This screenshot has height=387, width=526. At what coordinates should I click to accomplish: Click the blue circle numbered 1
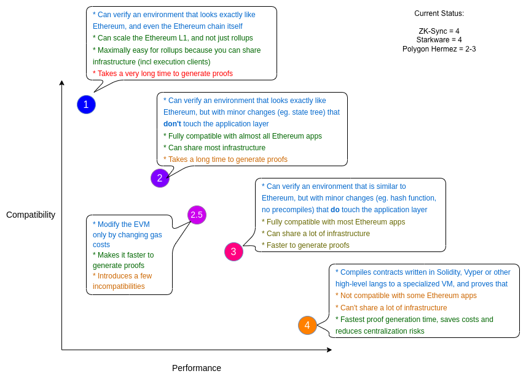86,104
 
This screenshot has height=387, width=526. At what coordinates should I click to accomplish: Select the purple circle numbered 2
160,178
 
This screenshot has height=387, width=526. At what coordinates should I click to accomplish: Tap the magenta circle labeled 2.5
197,215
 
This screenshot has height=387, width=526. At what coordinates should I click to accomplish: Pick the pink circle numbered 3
234,251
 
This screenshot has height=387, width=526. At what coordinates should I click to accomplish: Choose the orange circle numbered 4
307,325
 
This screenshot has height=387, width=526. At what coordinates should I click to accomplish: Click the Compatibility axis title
31,215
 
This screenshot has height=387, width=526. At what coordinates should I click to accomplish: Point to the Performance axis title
197,368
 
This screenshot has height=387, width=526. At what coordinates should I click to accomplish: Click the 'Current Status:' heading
439,13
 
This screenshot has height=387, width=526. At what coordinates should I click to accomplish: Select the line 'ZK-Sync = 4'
439,31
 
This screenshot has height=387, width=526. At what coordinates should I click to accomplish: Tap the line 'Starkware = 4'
439,40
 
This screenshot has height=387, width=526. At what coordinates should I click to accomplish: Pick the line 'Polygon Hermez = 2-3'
439,49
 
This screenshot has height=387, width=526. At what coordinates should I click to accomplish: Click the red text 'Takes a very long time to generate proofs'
163,74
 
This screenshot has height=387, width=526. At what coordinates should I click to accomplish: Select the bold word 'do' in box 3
335,210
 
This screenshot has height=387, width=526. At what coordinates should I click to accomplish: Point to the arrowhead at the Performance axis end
329,350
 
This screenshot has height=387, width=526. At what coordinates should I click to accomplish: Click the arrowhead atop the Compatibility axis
61,83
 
